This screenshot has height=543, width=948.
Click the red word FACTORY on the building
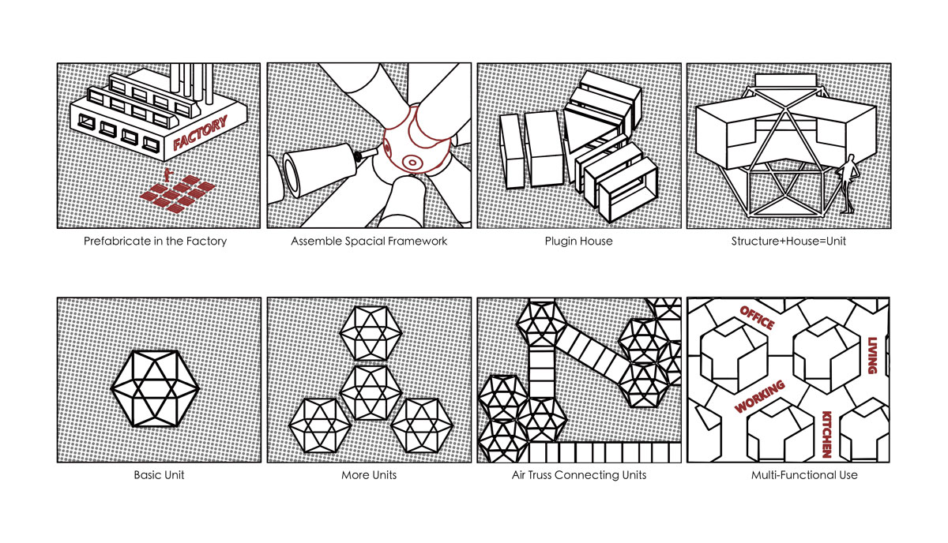pyautogui.click(x=201, y=133)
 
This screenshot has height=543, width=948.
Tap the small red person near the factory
pyautogui.click(x=167, y=174)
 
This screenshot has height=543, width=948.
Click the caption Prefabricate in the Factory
pyautogui.click(x=155, y=242)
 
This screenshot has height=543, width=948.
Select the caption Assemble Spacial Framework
pyautogui.click(x=369, y=242)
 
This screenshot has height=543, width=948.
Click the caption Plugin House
pyautogui.click(x=580, y=242)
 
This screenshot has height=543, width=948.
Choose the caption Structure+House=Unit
pyautogui.click(x=788, y=242)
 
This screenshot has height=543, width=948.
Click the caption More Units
pyautogui.click(x=369, y=475)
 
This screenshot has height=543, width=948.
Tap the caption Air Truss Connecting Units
pyautogui.click(x=579, y=475)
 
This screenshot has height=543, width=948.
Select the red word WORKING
pyautogui.click(x=760, y=396)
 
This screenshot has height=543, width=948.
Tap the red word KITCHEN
pyautogui.click(x=827, y=433)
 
